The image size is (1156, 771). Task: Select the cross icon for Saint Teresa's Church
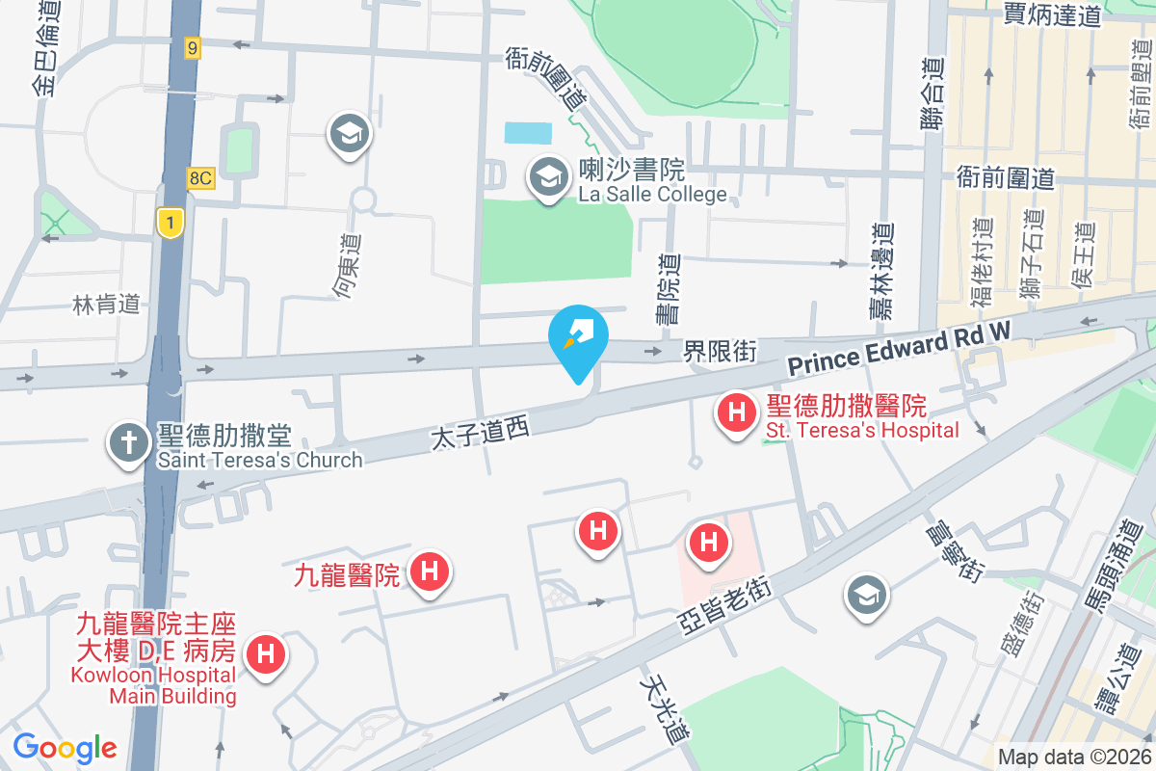click(x=126, y=443)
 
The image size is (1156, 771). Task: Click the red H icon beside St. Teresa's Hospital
click(x=737, y=414)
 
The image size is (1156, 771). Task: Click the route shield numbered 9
click(x=194, y=47)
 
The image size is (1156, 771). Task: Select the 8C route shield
click(x=200, y=177)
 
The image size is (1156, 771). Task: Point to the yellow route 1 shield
click(x=170, y=224)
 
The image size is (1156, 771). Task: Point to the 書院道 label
click(x=668, y=287)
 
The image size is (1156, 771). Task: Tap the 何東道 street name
click(x=348, y=265)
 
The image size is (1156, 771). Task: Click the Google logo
click(x=65, y=747)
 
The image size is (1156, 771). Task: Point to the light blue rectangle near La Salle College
click(x=529, y=132)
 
